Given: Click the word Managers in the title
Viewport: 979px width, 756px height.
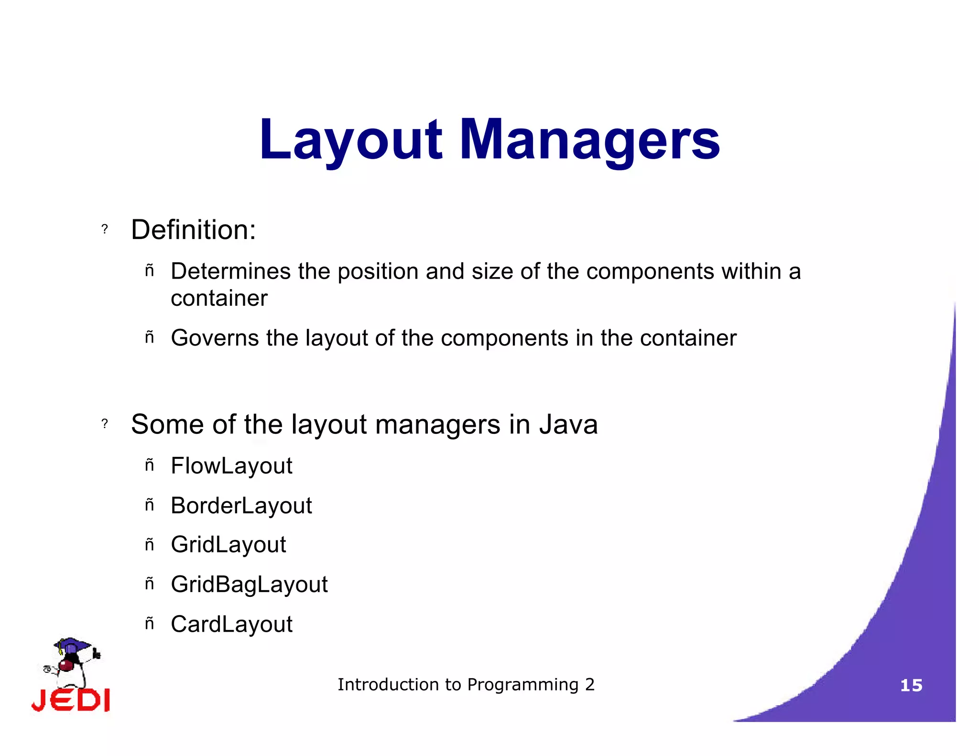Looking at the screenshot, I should (589, 140).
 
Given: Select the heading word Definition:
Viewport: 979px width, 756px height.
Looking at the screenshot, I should (193, 230).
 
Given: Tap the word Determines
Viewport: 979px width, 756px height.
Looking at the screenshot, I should (230, 271).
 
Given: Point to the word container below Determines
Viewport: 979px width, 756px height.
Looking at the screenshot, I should (219, 299).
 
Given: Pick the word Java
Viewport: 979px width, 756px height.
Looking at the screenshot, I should (568, 424).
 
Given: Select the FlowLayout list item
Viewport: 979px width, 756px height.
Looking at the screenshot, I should (231, 466).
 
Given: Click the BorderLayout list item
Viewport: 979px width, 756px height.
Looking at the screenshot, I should (241, 506).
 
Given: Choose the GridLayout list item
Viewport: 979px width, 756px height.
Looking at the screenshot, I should (228, 545).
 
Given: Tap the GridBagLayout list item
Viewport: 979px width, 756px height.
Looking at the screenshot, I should (249, 584).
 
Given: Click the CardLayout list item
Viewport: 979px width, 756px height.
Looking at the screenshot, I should (231, 624).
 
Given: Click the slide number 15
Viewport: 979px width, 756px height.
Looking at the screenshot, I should (911, 686).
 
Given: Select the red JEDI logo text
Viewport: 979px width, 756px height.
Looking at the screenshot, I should (71, 701).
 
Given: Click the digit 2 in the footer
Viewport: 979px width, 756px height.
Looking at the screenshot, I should (590, 685).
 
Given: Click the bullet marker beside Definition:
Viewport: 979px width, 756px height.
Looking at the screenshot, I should (105, 229).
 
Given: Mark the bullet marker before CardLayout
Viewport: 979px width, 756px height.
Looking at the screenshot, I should (150, 623).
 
